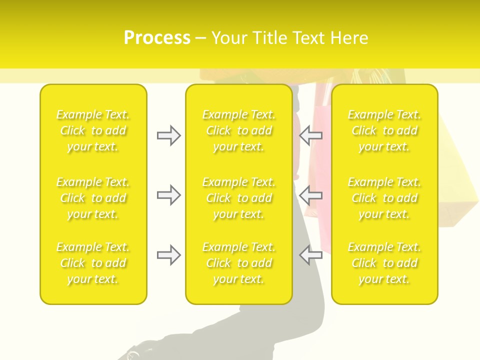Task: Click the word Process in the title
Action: point(157,38)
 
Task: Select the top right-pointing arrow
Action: point(169,135)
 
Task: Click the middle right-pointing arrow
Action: point(169,195)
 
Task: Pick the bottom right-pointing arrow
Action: point(169,255)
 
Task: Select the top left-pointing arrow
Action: point(311,135)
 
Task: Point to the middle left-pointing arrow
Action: point(311,195)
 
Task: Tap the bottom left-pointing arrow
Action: point(311,255)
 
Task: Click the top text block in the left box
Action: point(93,130)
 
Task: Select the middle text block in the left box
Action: point(93,198)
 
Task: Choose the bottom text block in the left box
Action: point(93,263)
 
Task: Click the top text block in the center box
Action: point(239,130)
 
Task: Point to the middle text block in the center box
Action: point(239,198)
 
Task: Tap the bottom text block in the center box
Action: point(239,263)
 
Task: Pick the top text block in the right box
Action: point(384,130)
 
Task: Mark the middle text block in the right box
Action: point(384,198)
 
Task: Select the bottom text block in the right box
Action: point(384,263)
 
